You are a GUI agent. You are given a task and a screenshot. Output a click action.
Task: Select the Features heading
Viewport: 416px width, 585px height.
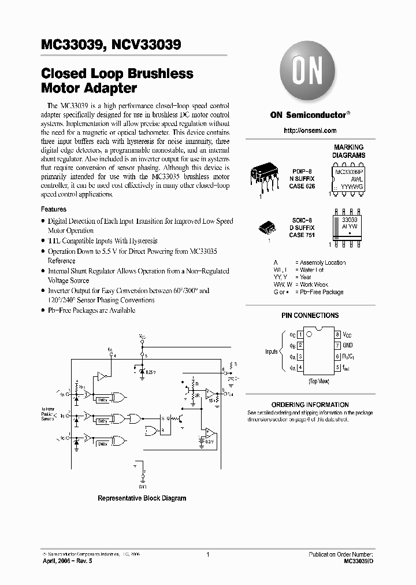point(54,209)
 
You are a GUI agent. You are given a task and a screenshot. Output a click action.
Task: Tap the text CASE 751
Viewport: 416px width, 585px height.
point(301,235)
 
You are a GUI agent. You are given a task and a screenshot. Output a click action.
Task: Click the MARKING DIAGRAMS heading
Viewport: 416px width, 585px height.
point(348,151)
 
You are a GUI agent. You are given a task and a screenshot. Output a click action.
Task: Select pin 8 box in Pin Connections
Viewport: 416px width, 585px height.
point(337,335)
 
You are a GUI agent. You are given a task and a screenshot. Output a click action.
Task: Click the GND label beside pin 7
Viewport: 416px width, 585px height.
point(347,345)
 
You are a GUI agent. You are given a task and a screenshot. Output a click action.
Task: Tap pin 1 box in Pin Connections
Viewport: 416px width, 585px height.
point(300,335)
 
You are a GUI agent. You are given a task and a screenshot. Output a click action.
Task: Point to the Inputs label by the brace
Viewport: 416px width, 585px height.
point(272,351)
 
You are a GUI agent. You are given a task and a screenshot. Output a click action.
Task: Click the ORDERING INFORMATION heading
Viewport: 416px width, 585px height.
point(310,405)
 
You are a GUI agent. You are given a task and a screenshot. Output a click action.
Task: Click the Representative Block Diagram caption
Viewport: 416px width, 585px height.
point(142,498)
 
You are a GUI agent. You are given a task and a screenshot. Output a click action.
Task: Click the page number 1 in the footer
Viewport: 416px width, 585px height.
point(207,554)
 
